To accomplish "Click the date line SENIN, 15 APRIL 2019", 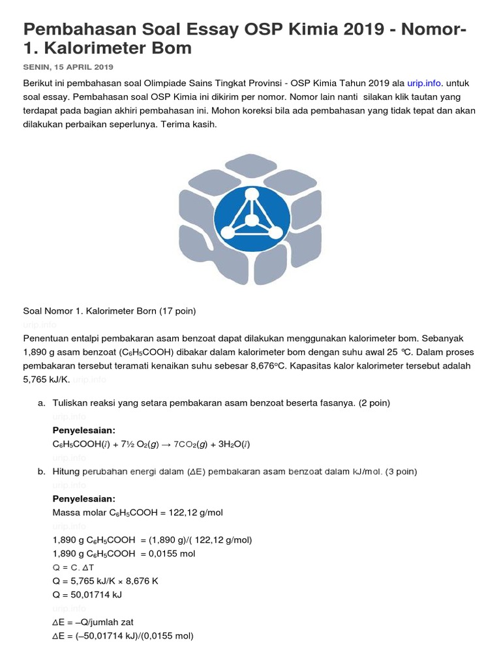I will pyautogui.click(x=68, y=67).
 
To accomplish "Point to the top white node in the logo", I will pyautogui.click(x=249, y=194).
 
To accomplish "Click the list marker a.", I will pyautogui.click(x=41, y=403).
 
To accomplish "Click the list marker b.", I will pyautogui.click(x=41, y=471).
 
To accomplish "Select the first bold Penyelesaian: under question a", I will pyautogui.click(x=83, y=431).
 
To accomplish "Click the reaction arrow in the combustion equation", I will pyautogui.click(x=166, y=444).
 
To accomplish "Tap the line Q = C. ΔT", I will pyautogui.click(x=73, y=568).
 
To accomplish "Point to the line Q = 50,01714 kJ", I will pyautogui.click(x=87, y=595).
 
